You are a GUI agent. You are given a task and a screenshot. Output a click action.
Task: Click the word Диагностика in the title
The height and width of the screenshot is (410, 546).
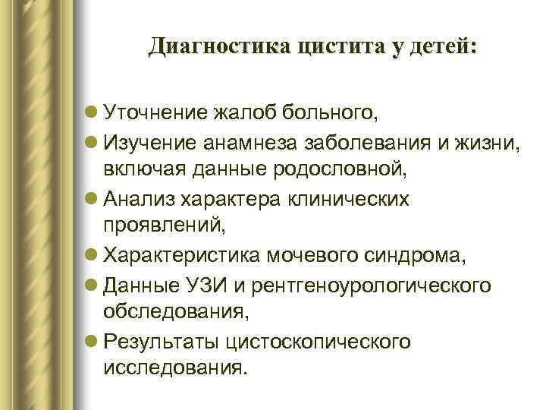(218, 47)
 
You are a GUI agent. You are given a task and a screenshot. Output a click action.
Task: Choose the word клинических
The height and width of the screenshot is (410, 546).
(353, 199)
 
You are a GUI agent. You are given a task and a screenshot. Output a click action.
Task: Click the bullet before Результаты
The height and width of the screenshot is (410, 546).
(92, 341)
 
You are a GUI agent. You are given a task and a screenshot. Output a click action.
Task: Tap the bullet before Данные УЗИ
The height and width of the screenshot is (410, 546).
(92, 285)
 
